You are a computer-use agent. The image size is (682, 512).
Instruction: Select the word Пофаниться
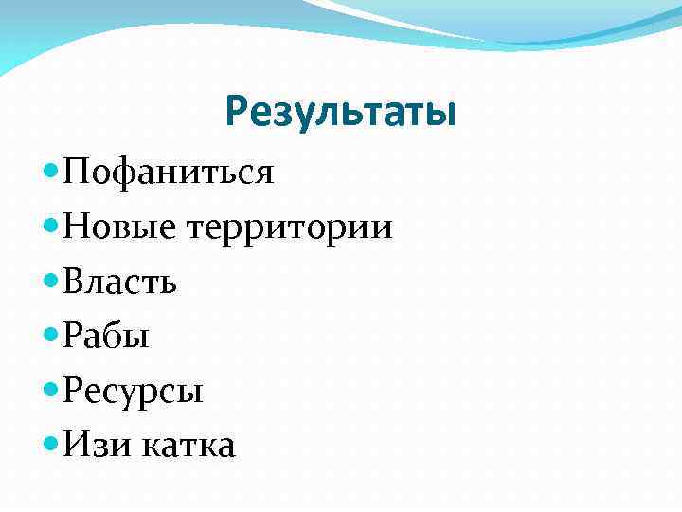pyautogui.click(x=169, y=173)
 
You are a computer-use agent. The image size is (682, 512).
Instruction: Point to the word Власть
pyautogui.click(x=119, y=282)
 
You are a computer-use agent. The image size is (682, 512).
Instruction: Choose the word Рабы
pyautogui.click(x=106, y=336)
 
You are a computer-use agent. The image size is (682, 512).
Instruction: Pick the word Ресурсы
pyautogui.click(x=133, y=390)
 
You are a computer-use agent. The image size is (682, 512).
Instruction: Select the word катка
pyautogui.click(x=188, y=444)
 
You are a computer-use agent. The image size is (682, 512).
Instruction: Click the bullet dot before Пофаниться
pyautogui.click(x=51, y=172)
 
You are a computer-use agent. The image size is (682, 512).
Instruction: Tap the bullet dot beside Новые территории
pyautogui.click(x=51, y=226)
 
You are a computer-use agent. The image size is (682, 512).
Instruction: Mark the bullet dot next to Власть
pyautogui.click(x=51, y=280)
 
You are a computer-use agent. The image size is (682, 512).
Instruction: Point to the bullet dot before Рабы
pyautogui.click(x=51, y=334)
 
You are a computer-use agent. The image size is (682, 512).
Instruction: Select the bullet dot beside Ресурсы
pyautogui.click(x=51, y=388)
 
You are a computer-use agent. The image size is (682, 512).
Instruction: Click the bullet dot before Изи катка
pyautogui.click(x=51, y=442)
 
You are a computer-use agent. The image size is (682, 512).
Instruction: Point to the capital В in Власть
pyautogui.click(x=75, y=282)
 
